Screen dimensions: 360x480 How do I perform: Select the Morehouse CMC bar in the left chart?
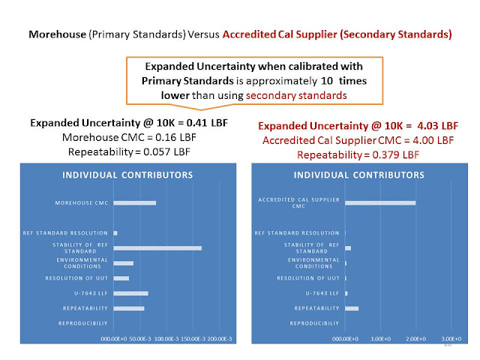click(135, 203)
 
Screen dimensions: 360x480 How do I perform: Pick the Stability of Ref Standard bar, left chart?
click(157, 247)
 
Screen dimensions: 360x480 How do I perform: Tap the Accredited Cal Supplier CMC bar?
click(380, 203)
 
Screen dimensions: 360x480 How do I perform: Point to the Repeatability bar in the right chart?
click(352, 308)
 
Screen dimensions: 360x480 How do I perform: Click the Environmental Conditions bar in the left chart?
click(124, 263)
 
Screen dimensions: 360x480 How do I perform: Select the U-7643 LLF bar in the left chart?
click(130, 293)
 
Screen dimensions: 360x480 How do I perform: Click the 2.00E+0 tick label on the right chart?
click(416, 339)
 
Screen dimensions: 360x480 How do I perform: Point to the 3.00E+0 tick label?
click(451, 339)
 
